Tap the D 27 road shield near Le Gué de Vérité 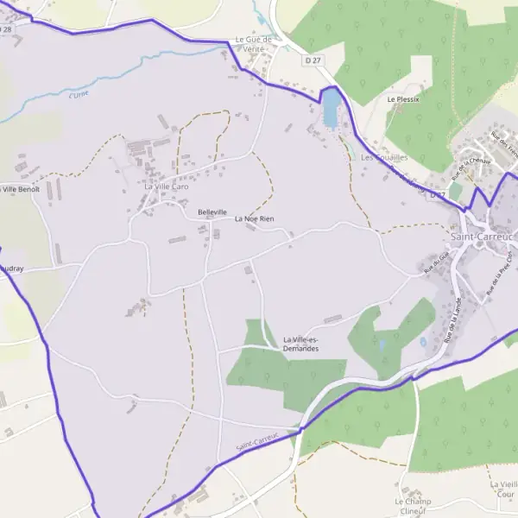pos(313,60)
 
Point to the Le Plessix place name pos(403,99)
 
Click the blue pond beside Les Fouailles pos(331,109)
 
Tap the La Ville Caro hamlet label pos(166,186)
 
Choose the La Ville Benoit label pos(20,188)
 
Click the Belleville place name pos(212,212)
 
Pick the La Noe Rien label pos(255,219)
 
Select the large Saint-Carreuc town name pos(482,235)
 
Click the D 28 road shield pos(7,28)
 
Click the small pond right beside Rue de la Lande pos(423,342)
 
